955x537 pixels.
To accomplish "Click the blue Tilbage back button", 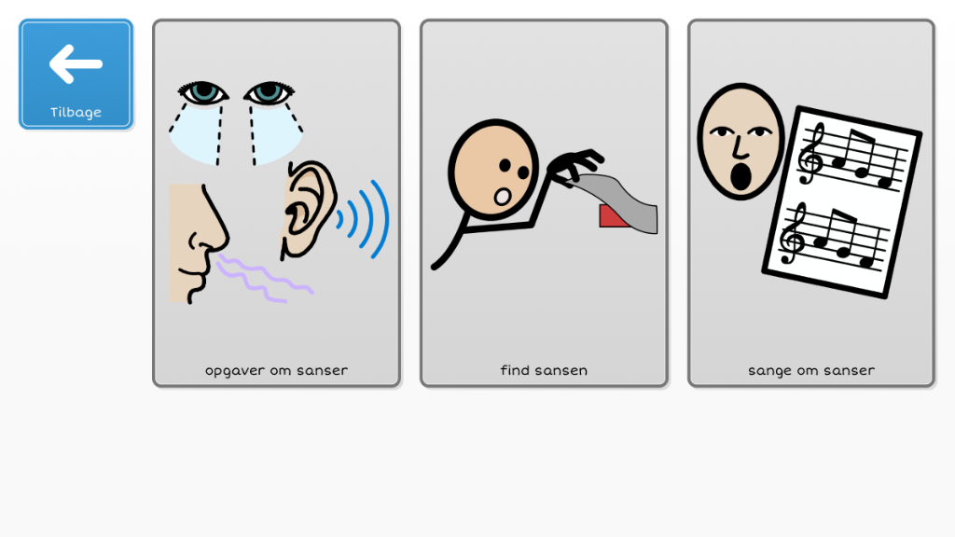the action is tap(76, 75).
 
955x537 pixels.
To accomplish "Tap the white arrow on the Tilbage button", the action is tap(76, 63).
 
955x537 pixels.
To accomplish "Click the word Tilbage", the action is tap(76, 112).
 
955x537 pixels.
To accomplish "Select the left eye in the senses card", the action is tap(202, 92).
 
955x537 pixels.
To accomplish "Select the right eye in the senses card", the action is tap(269, 92).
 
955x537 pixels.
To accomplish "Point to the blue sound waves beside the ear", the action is tap(364, 218).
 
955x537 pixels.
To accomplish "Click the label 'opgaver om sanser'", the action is tap(276, 370).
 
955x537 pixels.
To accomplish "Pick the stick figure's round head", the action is tap(493, 170).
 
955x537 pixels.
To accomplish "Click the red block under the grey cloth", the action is tap(613, 216).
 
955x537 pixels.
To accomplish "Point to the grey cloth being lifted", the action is tap(616, 201).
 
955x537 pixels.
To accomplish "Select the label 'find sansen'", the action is tap(544, 370).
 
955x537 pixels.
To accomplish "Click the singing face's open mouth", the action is tap(740, 176).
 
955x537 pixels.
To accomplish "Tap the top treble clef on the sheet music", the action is tap(811, 153).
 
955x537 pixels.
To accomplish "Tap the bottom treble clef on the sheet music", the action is tap(793, 233).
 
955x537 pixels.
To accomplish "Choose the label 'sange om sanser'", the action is tap(811, 370).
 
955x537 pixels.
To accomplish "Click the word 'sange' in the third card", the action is tap(769, 371).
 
